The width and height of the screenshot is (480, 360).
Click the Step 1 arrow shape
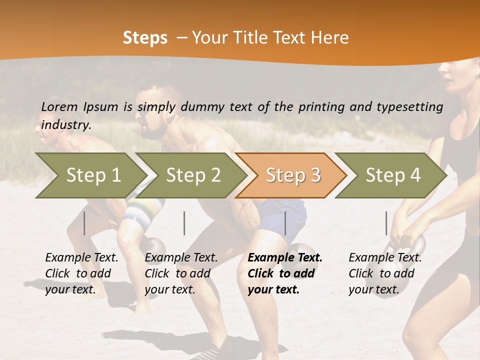click(x=92, y=175)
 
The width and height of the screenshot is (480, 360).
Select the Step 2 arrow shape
click(x=192, y=175)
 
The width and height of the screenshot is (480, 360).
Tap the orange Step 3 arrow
click(x=292, y=175)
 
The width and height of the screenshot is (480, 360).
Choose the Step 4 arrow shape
click(x=392, y=175)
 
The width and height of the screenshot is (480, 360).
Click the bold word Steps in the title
click(x=145, y=38)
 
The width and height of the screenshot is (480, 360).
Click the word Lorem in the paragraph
click(x=59, y=106)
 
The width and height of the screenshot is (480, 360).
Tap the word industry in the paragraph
click(x=65, y=125)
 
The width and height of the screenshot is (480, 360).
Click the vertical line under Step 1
click(x=84, y=223)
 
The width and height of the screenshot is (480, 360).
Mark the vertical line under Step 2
click(x=184, y=223)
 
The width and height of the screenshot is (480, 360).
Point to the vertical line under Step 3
click(x=285, y=223)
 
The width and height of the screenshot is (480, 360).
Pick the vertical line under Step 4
click(x=386, y=223)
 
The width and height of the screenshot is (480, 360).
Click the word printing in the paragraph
click(x=320, y=106)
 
